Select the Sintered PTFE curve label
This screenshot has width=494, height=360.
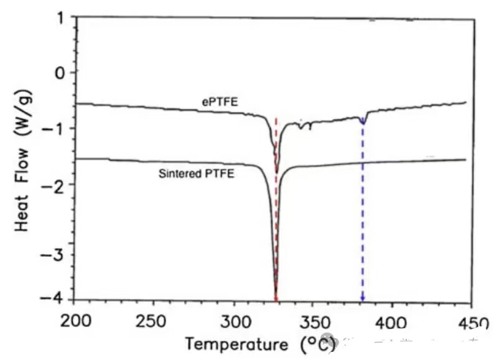tap(197, 174)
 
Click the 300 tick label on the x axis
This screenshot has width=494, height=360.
tap(234, 323)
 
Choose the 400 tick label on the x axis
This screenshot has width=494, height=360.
tap(391, 323)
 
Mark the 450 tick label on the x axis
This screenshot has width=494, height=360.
tap(472, 323)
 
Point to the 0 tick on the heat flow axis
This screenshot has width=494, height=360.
tap(60, 73)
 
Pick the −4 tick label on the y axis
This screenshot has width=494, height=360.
tap(55, 299)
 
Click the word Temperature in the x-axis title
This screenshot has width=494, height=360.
tap(236, 344)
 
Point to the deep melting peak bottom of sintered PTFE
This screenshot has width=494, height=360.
tap(276, 297)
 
